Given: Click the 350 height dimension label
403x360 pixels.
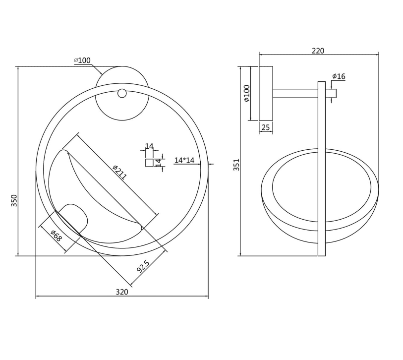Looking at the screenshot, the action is tap(14, 200).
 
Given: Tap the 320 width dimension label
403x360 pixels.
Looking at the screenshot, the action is tap(122, 292).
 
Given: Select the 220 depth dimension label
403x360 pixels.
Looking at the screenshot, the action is tap(318, 51).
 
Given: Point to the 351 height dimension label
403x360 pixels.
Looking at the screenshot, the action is tap(236, 165).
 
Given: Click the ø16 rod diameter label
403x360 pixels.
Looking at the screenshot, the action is tap(339, 76).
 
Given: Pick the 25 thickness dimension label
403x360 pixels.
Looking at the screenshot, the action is tap(266, 127).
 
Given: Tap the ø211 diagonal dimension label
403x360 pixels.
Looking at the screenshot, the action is tap(120, 172).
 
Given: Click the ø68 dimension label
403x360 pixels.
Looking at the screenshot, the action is tap(57, 236).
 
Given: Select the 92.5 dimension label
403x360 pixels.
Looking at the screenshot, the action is tap(143, 266).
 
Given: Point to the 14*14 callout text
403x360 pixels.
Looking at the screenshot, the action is tap(184, 160).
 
